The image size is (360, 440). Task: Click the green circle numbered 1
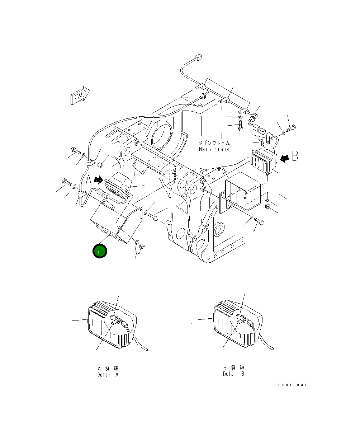(x=99, y=251)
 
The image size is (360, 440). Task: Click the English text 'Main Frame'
(x=214, y=149)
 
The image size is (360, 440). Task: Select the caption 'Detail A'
(x=108, y=375)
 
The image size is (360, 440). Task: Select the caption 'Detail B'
(x=233, y=374)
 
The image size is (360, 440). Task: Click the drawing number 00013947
(x=292, y=385)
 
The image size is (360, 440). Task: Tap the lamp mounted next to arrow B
(x=263, y=161)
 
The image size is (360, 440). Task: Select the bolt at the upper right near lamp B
(x=291, y=127)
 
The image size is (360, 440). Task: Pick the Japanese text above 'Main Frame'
(x=214, y=143)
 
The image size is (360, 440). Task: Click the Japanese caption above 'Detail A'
(x=108, y=368)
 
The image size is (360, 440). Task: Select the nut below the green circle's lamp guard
(x=141, y=246)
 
